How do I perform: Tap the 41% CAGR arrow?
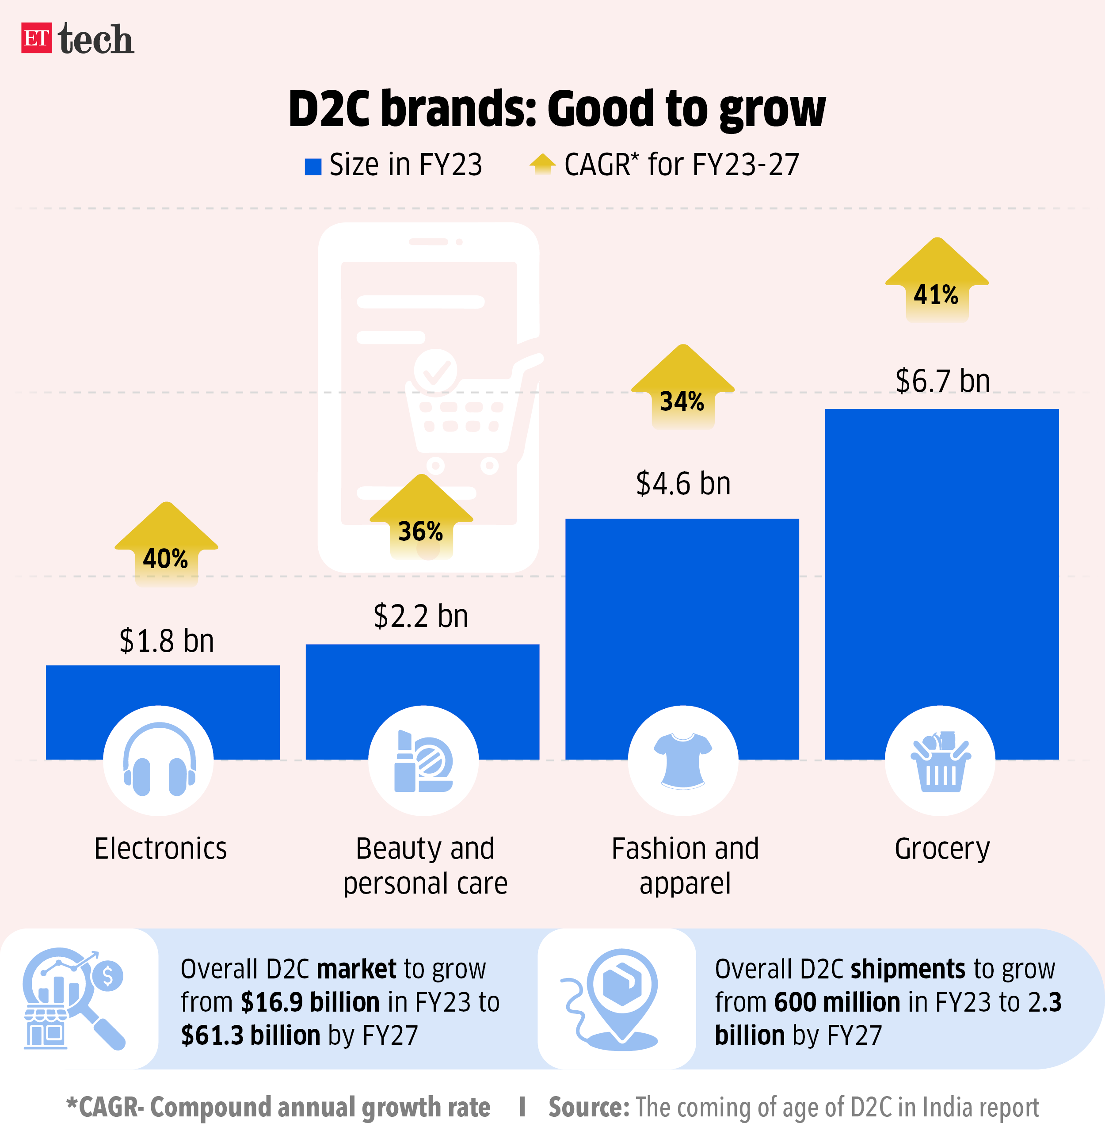(x=937, y=282)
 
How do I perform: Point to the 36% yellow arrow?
(x=421, y=519)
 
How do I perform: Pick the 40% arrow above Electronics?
(x=167, y=546)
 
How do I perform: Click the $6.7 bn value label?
(x=942, y=381)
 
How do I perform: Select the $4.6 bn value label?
(x=683, y=484)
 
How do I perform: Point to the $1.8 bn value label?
(x=167, y=641)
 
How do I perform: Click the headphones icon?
(x=159, y=760)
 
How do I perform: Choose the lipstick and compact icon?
(x=424, y=760)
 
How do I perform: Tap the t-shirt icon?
(x=683, y=760)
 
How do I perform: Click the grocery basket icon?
(x=940, y=760)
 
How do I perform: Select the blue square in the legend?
(x=313, y=167)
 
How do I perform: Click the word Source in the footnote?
(x=588, y=1107)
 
